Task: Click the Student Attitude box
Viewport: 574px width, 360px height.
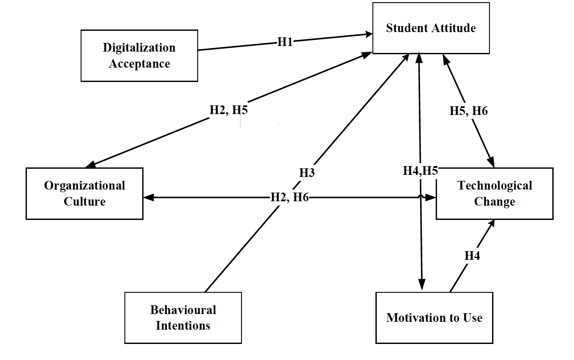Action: (x=431, y=28)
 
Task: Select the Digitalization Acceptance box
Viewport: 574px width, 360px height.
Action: (x=139, y=56)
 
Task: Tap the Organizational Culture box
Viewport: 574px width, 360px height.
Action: (x=85, y=193)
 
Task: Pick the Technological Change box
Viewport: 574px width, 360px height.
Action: (x=494, y=193)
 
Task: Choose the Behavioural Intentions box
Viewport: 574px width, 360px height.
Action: (x=183, y=318)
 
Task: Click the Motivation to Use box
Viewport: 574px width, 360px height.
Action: (x=434, y=318)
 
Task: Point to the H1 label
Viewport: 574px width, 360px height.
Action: (x=285, y=42)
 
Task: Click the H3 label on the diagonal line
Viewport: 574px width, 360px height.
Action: (x=307, y=173)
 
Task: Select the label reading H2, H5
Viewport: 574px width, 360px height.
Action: (x=228, y=110)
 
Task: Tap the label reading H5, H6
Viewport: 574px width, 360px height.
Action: (x=468, y=111)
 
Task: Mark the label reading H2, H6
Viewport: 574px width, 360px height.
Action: (x=290, y=197)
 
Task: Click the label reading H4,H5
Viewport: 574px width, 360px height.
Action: (x=420, y=171)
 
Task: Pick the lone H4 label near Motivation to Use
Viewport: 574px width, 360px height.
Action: (x=472, y=256)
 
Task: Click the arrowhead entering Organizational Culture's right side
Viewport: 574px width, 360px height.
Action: (x=148, y=197)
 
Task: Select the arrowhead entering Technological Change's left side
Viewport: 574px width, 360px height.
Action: (x=431, y=197)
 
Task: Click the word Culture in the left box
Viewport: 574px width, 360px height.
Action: (x=85, y=202)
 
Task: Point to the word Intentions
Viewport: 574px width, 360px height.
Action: (x=183, y=325)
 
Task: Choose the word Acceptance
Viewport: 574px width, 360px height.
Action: (x=139, y=64)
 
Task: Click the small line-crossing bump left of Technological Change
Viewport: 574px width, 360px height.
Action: (x=420, y=196)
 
